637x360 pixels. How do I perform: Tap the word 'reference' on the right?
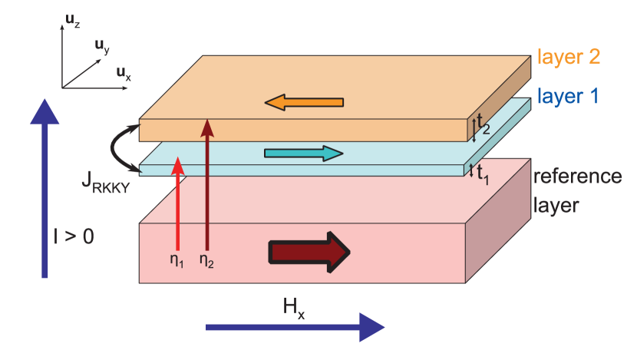point(577,177)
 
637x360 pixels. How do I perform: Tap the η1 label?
point(177,259)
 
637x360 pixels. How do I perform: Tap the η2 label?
point(206,259)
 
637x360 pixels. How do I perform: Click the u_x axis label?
point(124,74)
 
